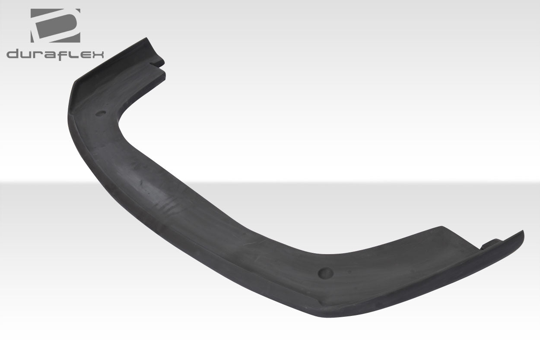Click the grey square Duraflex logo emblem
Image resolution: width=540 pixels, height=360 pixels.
pos(55,25)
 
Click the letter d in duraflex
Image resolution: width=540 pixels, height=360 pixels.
pos(13,54)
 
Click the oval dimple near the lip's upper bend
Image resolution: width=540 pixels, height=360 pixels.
pos(100,113)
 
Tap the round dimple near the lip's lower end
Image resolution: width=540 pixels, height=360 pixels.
pos(326,272)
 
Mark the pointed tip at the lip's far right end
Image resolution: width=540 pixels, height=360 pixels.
pos(523,232)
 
